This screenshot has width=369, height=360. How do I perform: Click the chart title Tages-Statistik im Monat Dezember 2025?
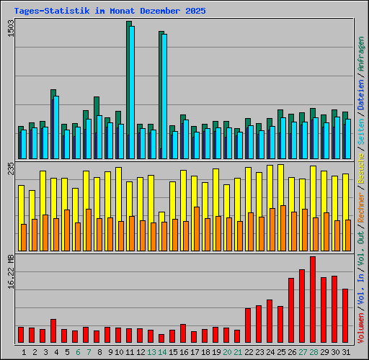pyautogui.click(x=110, y=12)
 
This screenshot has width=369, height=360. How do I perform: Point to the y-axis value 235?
pyautogui.click(x=10, y=169)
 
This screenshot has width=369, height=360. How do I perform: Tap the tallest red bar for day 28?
pyautogui.click(x=313, y=300)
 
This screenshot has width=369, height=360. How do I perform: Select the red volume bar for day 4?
pyautogui.click(x=53, y=331)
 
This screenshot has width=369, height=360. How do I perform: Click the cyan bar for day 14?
pyautogui.click(x=164, y=96)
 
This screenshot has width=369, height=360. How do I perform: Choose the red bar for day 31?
pyautogui.click(x=345, y=316)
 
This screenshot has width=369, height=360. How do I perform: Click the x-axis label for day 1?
pyautogui.click(x=24, y=352)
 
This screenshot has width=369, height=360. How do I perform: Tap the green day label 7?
pyautogui.click(x=89, y=352)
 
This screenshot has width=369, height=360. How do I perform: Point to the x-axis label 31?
pyautogui.click(x=345, y=352)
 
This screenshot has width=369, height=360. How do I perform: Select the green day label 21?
pyautogui.click(x=238, y=352)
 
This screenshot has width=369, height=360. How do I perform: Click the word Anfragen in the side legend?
pyautogui.click(x=361, y=53)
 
